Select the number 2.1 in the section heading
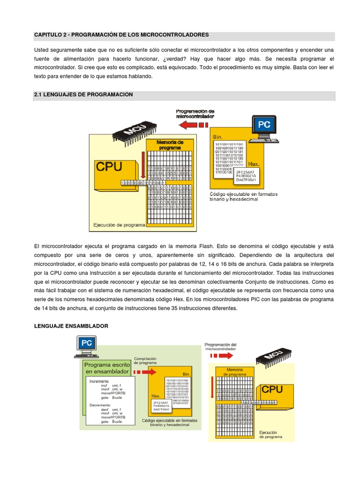[x=39, y=95]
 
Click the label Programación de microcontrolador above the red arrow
[x=195, y=113]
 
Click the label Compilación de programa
[x=145, y=360]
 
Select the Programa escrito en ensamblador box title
[x=107, y=368]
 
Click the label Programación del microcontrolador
[x=220, y=346]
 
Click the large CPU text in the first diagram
[x=109, y=166]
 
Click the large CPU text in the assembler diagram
[x=272, y=390]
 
